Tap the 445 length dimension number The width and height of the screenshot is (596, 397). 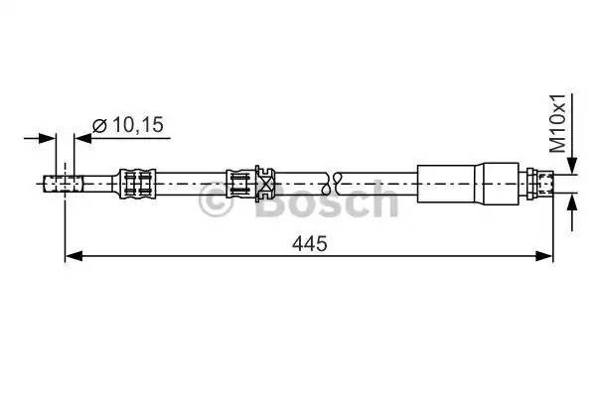310,242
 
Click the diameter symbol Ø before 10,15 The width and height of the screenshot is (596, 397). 99,125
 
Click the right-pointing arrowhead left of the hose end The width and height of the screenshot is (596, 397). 49,138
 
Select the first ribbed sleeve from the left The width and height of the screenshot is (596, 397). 137,183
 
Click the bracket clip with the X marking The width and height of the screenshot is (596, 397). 265,183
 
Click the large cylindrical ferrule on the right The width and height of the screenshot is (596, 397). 467,183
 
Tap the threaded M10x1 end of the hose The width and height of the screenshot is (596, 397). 545,183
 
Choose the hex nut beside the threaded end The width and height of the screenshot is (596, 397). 529,183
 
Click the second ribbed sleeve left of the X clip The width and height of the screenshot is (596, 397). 239,183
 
